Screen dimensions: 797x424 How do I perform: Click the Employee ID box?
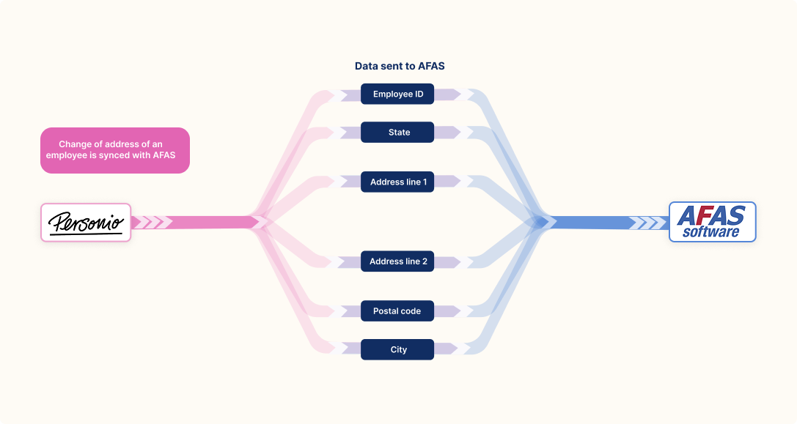tap(397, 94)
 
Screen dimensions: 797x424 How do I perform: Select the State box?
tap(397, 132)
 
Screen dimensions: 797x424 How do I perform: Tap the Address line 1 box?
tap(397, 182)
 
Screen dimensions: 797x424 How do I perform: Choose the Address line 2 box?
tap(397, 261)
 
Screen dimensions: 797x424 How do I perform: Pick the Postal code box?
tap(397, 310)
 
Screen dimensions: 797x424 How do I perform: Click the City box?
tap(397, 349)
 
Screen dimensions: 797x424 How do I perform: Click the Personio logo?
tap(86, 223)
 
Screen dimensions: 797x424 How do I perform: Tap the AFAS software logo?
tap(712, 222)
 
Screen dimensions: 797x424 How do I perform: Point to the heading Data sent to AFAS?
tap(400, 66)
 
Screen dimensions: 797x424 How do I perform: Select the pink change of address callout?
tap(115, 150)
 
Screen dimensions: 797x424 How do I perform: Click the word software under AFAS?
tap(711, 232)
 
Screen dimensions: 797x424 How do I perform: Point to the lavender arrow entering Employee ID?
tap(350, 95)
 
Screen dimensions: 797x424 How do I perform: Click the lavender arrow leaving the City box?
tap(446, 349)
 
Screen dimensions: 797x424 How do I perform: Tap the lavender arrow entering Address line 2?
tap(350, 262)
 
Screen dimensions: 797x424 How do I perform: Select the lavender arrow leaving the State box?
tap(447, 132)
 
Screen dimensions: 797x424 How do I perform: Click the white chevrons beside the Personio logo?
tap(152, 223)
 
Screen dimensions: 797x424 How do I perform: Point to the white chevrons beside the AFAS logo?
tap(647, 223)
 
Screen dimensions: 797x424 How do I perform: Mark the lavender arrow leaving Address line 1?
tap(447, 182)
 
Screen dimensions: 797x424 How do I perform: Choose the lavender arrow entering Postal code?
tap(350, 310)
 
